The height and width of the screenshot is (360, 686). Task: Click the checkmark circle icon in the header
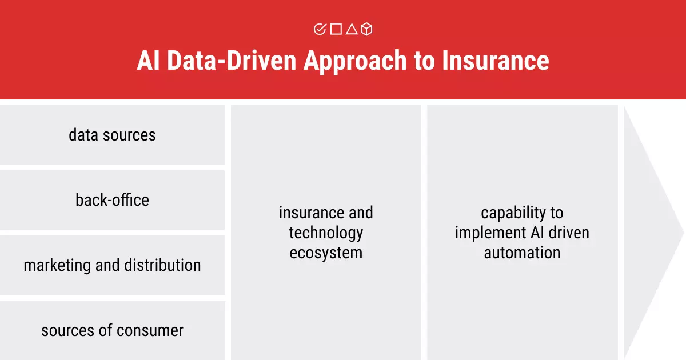coord(320,29)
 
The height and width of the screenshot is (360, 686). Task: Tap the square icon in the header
coord(336,29)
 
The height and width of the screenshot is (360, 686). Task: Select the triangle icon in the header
coord(352,29)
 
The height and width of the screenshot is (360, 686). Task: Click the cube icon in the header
coord(366,29)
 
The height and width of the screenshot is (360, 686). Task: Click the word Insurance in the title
coord(496,61)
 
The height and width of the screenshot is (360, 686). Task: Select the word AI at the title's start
coord(148,61)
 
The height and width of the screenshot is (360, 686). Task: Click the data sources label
coord(112,135)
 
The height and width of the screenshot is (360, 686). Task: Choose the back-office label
coord(112,200)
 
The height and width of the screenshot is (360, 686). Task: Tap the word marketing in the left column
coord(57,265)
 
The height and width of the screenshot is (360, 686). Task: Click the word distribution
coord(162,265)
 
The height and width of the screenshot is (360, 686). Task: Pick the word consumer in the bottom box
coord(150,331)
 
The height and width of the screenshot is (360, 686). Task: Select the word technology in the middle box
coord(326,233)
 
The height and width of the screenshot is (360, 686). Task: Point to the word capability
coord(513,213)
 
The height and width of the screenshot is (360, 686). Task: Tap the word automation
coord(522,253)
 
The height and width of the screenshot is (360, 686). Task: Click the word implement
coord(490,233)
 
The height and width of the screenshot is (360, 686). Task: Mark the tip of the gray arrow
coord(684,233)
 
